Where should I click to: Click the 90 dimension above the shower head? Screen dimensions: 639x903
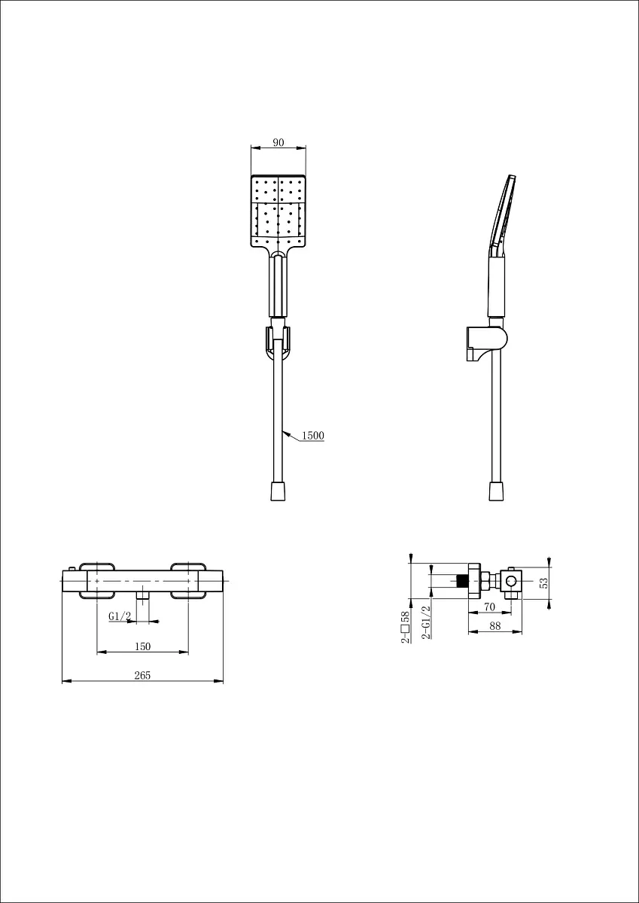pyautogui.click(x=278, y=142)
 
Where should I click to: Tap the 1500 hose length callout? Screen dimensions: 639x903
pyautogui.click(x=313, y=436)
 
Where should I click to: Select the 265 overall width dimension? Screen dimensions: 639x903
pyautogui.click(x=142, y=675)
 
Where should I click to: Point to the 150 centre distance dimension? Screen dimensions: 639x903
pyautogui.click(x=143, y=646)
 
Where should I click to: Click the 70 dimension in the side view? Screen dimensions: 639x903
pyautogui.click(x=489, y=607)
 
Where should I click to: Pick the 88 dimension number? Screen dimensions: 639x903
pyautogui.click(x=494, y=626)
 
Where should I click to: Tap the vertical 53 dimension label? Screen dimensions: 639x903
pyautogui.click(x=544, y=583)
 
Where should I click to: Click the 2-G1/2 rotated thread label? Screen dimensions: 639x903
pyautogui.click(x=426, y=622)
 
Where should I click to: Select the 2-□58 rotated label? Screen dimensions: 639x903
pyautogui.click(x=405, y=627)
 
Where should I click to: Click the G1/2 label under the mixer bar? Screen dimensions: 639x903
pyautogui.click(x=120, y=616)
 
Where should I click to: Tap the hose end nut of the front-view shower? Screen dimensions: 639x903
pyautogui.click(x=278, y=491)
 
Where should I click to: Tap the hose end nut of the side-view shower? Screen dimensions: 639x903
pyautogui.click(x=496, y=491)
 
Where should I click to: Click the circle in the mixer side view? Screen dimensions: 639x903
pyautogui.click(x=511, y=581)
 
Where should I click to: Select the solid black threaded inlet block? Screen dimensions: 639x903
pyautogui.click(x=462, y=581)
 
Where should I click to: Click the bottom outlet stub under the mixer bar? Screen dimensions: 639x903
pyautogui.click(x=143, y=596)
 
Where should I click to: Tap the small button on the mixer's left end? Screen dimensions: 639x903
pyautogui.click(x=72, y=569)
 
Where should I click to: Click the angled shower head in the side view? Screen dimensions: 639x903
pyautogui.click(x=502, y=216)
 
